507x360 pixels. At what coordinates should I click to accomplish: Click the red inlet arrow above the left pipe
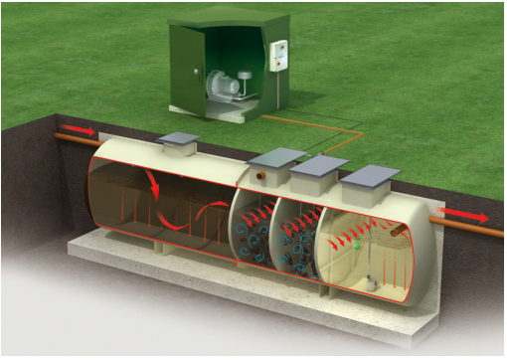point(86,131)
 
